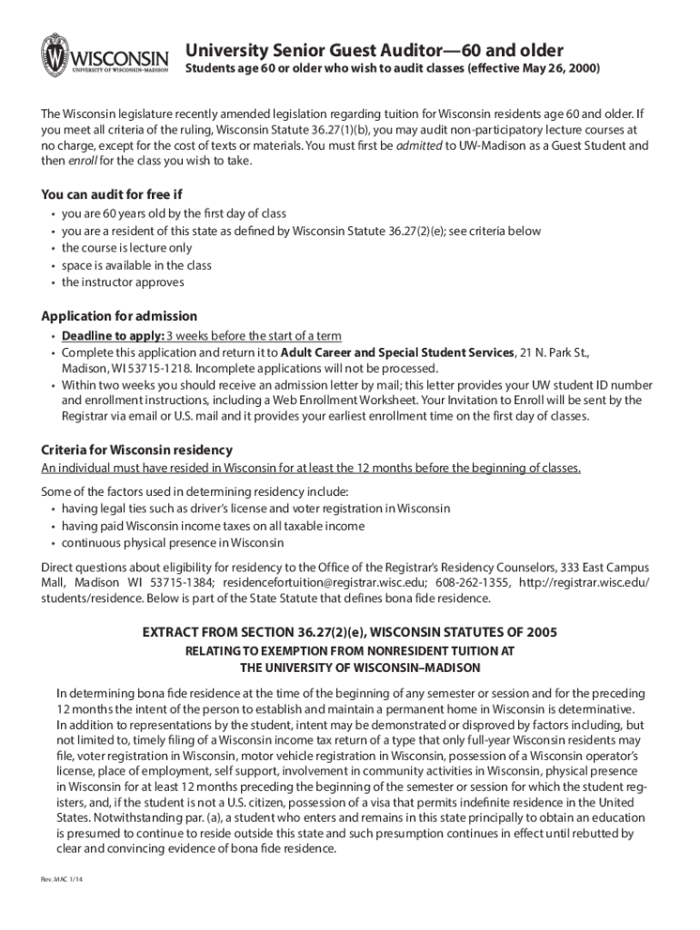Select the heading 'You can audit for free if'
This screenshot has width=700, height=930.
(x=112, y=194)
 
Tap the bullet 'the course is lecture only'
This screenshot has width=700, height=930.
(x=126, y=248)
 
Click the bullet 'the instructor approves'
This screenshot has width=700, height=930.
(x=123, y=282)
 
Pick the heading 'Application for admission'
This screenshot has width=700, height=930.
(x=119, y=316)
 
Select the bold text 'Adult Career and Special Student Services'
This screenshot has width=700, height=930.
(x=397, y=351)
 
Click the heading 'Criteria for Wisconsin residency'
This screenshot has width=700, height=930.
(x=137, y=450)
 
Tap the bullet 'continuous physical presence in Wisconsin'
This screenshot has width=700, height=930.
(x=173, y=543)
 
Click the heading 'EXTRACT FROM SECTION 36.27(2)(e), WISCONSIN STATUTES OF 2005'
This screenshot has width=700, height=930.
(x=350, y=631)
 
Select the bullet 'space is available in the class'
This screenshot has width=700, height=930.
(x=136, y=265)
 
